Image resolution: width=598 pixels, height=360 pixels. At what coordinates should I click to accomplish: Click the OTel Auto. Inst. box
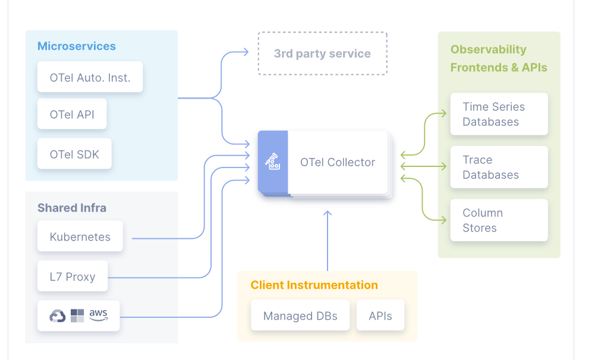(x=90, y=77)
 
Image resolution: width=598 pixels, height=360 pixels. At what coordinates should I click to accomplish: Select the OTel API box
(x=72, y=114)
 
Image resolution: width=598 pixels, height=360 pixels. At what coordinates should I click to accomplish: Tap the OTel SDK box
(x=74, y=154)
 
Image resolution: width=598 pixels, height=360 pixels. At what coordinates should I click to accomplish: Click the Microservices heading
(x=76, y=46)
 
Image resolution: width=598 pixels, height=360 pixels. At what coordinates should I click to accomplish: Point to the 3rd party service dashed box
(x=323, y=53)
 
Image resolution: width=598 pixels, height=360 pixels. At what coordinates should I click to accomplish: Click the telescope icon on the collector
(x=273, y=162)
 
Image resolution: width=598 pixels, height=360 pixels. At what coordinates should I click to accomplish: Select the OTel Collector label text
(x=338, y=162)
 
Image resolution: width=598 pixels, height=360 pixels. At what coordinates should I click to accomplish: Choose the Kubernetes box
(x=80, y=236)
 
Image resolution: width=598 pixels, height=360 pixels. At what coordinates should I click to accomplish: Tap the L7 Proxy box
(x=73, y=276)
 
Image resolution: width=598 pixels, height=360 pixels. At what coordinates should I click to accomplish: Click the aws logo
(x=99, y=315)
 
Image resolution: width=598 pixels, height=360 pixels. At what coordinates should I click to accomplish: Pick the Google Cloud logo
(x=58, y=316)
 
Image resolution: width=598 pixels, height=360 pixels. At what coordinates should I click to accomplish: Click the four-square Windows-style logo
(x=77, y=315)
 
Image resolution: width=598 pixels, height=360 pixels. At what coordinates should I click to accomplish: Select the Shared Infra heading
(x=72, y=208)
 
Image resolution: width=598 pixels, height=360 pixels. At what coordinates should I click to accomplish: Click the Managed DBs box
(x=300, y=315)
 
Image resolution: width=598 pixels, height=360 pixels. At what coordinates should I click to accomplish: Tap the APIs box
(x=380, y=315)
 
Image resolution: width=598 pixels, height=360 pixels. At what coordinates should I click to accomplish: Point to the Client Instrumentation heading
(x=314, y=285)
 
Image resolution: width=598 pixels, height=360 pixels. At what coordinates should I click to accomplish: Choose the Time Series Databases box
(x=499, y=114)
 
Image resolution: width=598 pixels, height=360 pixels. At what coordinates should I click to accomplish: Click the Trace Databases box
(x=499, y=167)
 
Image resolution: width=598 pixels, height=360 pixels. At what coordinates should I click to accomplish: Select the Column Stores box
(x=499, y=220)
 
